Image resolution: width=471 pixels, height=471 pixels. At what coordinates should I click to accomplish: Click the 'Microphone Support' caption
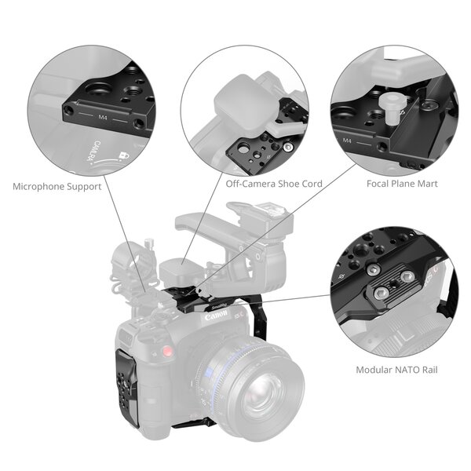(x=57, y=187)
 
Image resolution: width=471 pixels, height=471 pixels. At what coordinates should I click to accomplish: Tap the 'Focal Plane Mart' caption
(x=402, y=184)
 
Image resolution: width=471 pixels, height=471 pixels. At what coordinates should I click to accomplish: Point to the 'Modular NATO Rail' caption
(x=396, y=370)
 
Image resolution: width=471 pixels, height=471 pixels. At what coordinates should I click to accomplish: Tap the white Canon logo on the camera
(x=215, y=318)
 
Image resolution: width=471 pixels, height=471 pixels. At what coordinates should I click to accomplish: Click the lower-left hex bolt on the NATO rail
(x=381, y=292)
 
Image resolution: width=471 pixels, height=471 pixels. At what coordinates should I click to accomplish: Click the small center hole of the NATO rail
(x=395, y=285)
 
